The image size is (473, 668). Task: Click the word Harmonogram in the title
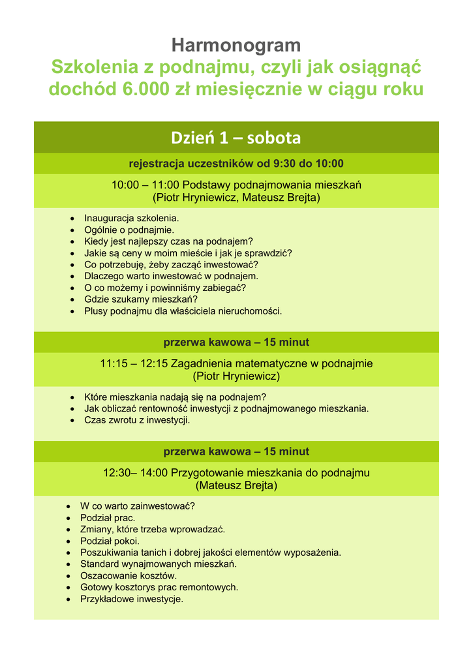click(236, 45)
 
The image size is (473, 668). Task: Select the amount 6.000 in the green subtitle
click(145, 89)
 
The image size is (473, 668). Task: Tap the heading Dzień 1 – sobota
click(236, 138)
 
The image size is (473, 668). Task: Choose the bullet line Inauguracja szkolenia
click(132, 218)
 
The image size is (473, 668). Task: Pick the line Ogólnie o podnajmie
click(129, 230)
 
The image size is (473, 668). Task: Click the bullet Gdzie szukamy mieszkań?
click(141, 299)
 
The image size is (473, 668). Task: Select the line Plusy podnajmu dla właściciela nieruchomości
click(183, 311)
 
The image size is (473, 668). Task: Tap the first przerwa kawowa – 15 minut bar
click(236, 342)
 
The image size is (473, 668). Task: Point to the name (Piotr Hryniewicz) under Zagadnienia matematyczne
click(236, 376)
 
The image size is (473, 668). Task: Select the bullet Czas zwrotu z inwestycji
click(137, 420)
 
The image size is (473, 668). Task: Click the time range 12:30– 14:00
click(136, 473)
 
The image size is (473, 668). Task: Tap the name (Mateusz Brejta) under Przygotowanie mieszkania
click(236, 485)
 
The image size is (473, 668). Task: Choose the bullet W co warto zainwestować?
click(138, 506)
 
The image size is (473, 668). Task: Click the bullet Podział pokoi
click(110, 541)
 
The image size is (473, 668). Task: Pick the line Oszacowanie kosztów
click(129, 575)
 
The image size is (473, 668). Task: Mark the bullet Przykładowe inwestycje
click(132, 599)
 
